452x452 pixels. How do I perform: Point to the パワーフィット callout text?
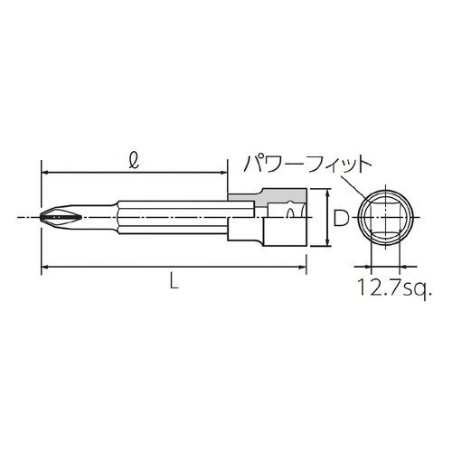[x=306, y=165]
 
